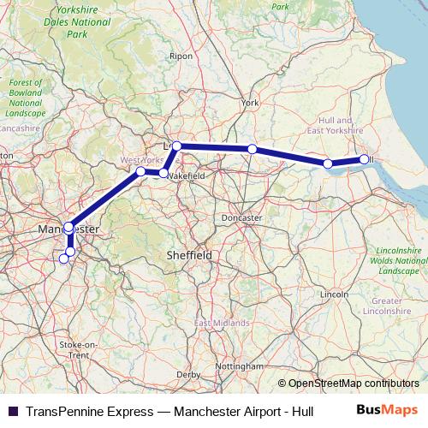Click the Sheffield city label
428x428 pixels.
click(x=188, y=255)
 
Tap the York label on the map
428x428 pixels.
click(x=250, y=103)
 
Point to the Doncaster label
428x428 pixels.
click(x=241, y=218)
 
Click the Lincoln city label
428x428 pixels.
click(x=334, y=294)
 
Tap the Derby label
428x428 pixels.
click(x=187, y=375)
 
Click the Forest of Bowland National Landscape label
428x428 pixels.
click(x=25, y=98)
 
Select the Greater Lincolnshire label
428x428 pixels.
click(x=387, y=306)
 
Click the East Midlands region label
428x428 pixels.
click(x=222, y=323)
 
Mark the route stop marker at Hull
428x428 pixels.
click(x=365, y=159)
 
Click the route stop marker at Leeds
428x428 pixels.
click(x=176, y=146)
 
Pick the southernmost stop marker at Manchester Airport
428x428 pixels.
click(x=63, y=259)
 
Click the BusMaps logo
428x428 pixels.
click(x=393, y=410)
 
